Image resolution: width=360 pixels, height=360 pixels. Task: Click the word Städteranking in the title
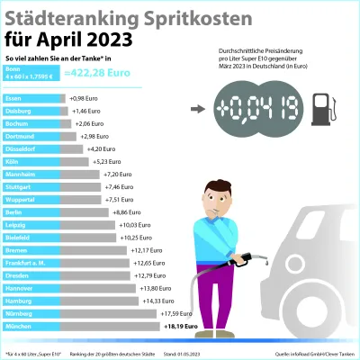(x=68, y=17)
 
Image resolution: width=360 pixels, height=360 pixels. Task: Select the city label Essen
(x=13, y=97)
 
